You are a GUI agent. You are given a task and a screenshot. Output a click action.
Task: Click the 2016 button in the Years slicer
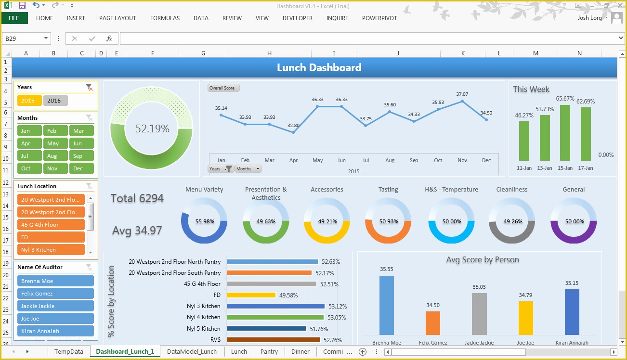click(55, 101)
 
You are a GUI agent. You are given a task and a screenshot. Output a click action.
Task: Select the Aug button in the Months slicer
click(55, 156)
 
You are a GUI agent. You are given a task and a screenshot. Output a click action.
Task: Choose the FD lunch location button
click(51, 237)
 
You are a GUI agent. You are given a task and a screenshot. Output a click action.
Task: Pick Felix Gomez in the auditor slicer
click(55, 294)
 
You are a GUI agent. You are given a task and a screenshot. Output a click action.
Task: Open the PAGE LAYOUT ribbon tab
click(118, 18)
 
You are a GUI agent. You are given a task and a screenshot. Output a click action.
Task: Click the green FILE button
click(14, 18)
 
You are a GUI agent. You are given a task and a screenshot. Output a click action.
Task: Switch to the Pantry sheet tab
click(269, 352)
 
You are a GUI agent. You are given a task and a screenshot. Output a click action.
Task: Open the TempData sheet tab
click(69, 352)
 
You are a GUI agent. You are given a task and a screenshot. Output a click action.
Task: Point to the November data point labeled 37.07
click(462, 101)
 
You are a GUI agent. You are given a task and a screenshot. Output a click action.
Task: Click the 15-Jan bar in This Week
click(565, 133)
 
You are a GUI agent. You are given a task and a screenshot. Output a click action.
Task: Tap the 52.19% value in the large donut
click(152, 129)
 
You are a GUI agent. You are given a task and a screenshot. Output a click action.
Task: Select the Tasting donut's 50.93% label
click(388, 222)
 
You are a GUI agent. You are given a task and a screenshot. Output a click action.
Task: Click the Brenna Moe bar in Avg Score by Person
click(386, 305)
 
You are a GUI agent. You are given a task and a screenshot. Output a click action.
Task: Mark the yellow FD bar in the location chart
click(250, 295)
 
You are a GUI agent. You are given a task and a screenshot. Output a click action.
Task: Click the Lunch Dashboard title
click(319, 68)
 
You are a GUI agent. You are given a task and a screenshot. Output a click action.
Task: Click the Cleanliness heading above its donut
click(512, 190)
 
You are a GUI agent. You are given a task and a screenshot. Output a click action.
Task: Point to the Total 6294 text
click(137, 198)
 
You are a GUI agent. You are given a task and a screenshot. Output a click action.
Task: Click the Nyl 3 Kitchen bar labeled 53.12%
click(275, 306)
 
